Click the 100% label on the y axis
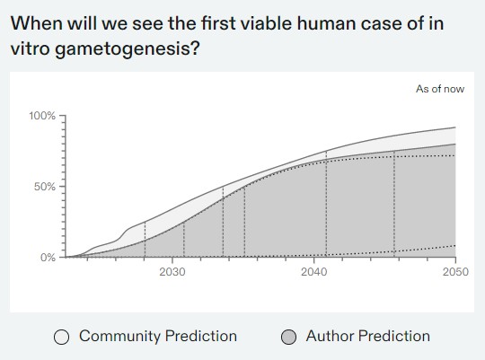click(x=42, y=116)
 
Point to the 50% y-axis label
click(x=45, y=187)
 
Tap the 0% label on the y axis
click(x=48, y=258)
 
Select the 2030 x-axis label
click(x=172, y=272)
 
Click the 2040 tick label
click(x=314, y=272)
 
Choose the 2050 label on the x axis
click(x=455, y=272)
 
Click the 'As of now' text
click(x=440, y=89)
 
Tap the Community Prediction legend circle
click(x=61, y=337)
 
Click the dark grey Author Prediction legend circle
click(x=289, y=337)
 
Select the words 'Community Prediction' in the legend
click(x=158, y=336)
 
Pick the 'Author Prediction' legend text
click(x=368, y=336)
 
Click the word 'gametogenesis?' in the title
click(x=128, y=49)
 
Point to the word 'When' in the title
click(x=37, y=23)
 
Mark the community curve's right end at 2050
click(x=455, y=127)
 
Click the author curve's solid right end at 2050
click(x=455, y=144)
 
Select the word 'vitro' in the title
click(x=30, y=49)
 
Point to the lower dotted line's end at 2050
click(x=455, y=246)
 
